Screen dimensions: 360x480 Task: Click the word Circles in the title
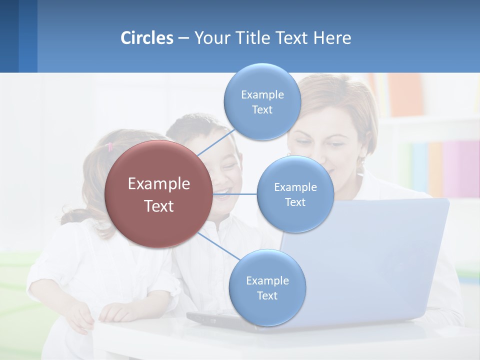(147, 38)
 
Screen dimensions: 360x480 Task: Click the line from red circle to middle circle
(235, 193)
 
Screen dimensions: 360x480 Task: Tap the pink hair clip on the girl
(110, 146)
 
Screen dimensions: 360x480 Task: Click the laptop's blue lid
(380, 250)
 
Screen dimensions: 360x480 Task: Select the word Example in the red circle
(159, 184)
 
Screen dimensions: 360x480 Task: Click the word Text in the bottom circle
(267, 295)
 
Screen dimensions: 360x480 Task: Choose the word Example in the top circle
(262, 94)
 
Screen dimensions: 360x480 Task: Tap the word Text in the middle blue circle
(295, 202)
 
